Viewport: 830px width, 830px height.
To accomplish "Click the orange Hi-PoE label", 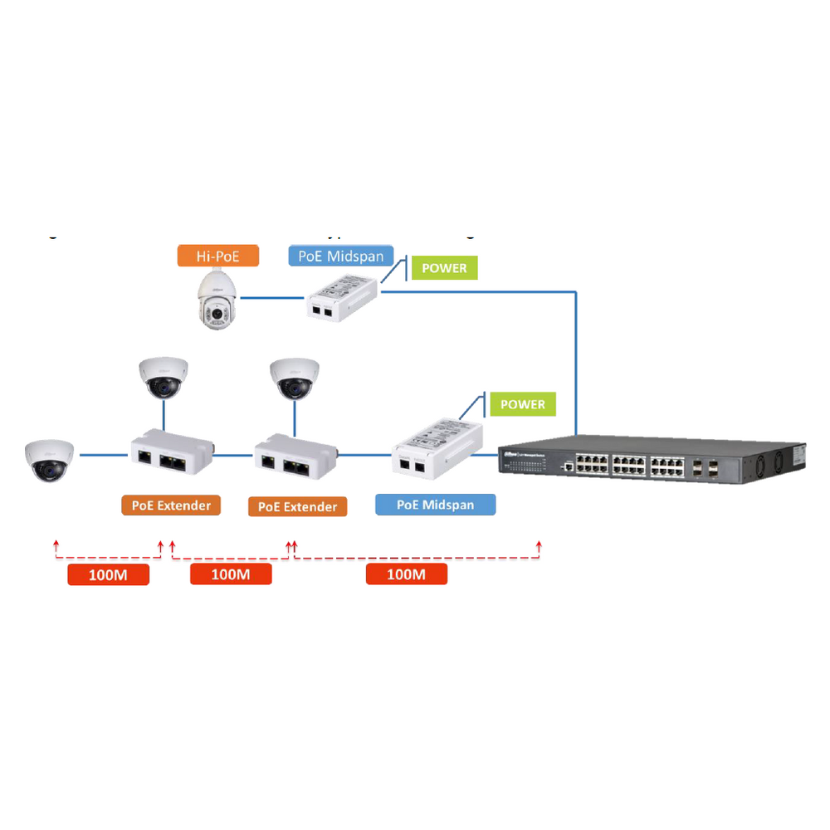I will [217, 256].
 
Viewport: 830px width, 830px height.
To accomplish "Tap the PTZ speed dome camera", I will [218, 300].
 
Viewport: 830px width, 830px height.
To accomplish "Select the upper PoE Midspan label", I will [341, 256].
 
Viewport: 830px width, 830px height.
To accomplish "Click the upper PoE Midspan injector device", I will [341, 298].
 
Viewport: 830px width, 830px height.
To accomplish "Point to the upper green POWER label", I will [444, 268].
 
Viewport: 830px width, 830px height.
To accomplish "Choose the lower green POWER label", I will [523, 404].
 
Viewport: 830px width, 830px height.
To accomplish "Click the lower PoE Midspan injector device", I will [435, 449].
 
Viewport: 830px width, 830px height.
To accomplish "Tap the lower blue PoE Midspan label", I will [435, 505].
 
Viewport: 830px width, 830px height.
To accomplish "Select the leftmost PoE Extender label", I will [171, 505].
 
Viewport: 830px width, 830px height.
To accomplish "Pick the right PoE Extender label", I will [297, 506].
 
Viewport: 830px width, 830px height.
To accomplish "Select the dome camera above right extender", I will [295, 378].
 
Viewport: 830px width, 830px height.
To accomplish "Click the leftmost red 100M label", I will [108, 574].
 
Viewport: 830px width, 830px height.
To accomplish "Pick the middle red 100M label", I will [231, 574].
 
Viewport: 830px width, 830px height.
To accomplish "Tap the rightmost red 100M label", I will [407, 574].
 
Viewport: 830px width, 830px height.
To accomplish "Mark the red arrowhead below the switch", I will [540, 544].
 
